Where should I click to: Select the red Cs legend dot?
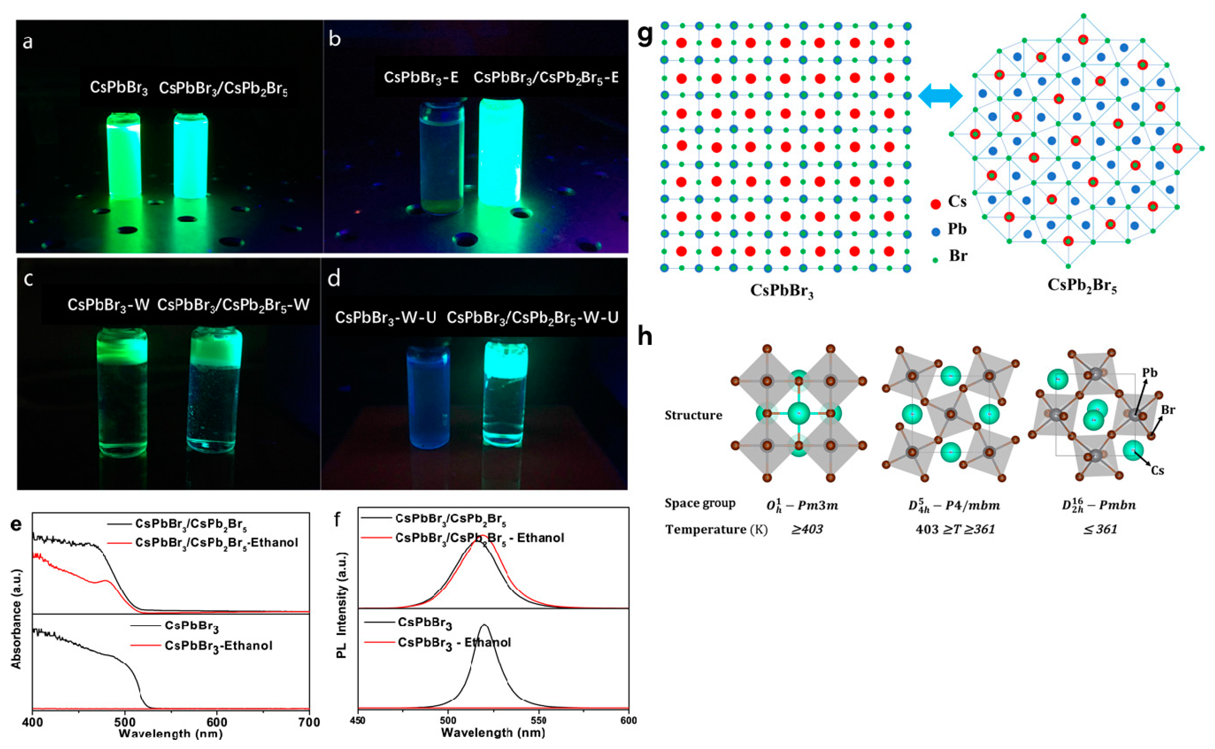[x=936, y=203]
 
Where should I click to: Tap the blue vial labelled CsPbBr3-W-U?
[x=428, y=394]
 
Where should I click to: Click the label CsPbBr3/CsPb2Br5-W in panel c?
[x=233, y=305]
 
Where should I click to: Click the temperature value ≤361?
[x=1100, y=529]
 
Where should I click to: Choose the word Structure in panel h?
[x=693, y=415]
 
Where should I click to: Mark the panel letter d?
[x=334, y=279]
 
